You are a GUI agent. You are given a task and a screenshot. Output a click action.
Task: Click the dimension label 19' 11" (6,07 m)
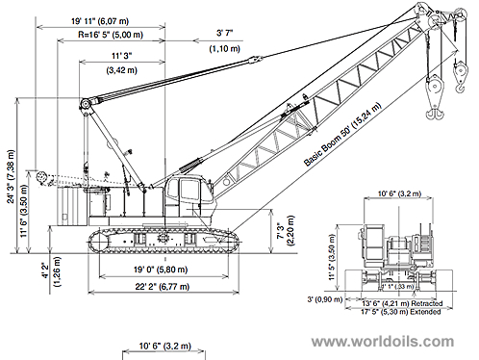(108, 20)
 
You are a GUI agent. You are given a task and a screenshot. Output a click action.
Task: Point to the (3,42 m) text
(120, 71)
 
